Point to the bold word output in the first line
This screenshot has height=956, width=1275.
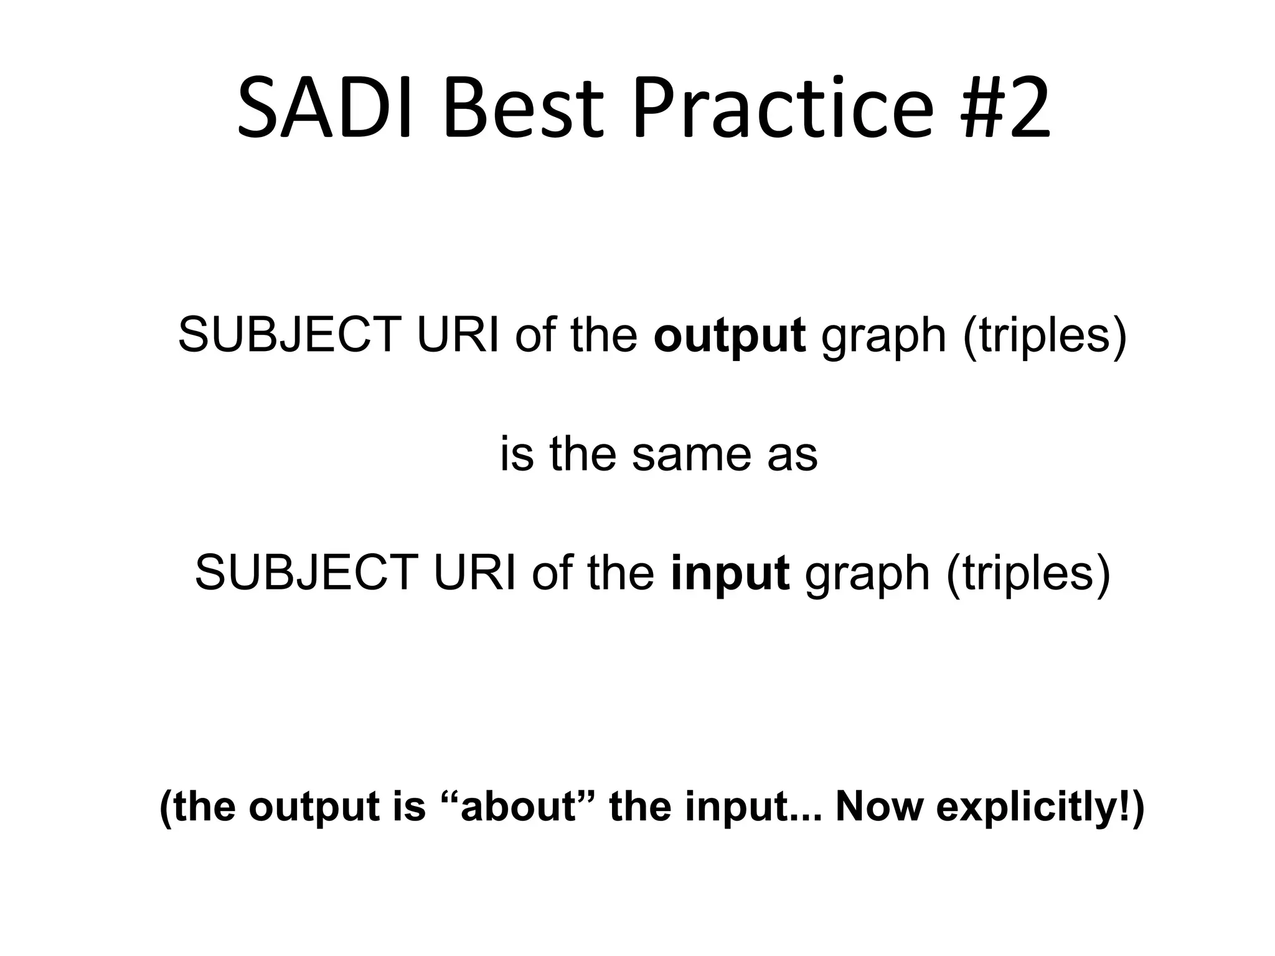[729, 336]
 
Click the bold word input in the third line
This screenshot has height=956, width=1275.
[730, 573]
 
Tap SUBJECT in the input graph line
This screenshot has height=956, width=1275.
[306, 573]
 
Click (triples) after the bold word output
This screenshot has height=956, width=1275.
[1045, 336]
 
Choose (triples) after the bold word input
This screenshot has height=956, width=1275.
[1028, 573]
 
